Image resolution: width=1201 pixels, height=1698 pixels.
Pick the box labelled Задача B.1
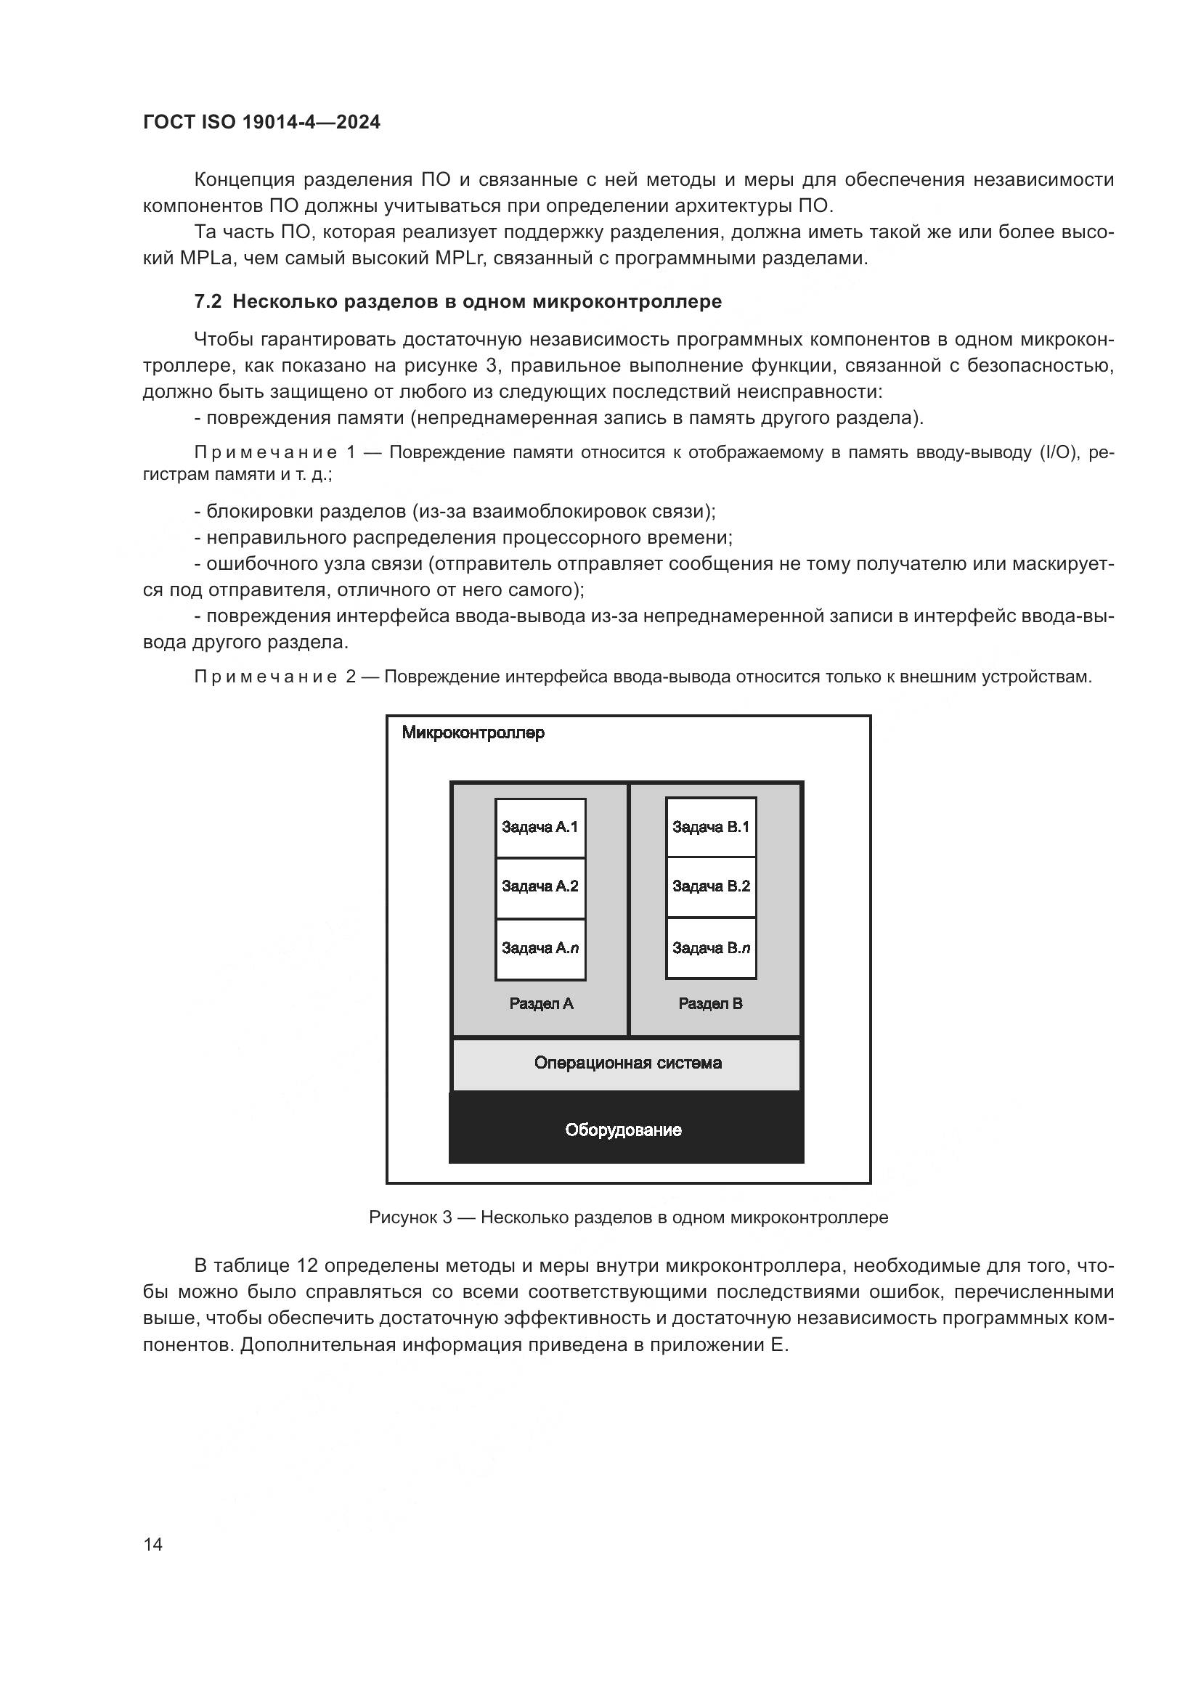tap(711, 827)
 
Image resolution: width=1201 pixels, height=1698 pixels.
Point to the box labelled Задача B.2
tap(711, 886)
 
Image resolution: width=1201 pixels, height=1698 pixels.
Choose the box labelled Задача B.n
tap(711, 948)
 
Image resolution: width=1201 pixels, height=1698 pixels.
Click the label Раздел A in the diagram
tap(542, 1004)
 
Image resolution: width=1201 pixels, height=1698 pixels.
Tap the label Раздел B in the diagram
tap(711, 1004)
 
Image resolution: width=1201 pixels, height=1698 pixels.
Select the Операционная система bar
tap(627, 1064)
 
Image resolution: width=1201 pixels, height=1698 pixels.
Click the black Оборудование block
tap(625, 1130)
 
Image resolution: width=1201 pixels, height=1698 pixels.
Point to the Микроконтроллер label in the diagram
tap(473, 733)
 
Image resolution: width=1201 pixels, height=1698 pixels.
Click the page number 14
tap(153, 1545)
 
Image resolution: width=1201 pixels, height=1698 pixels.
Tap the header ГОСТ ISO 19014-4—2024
tap(262, 123)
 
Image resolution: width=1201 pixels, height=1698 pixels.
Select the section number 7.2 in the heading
tap(208, 302)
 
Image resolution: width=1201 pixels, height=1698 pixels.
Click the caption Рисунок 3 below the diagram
tap(410, 1217)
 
